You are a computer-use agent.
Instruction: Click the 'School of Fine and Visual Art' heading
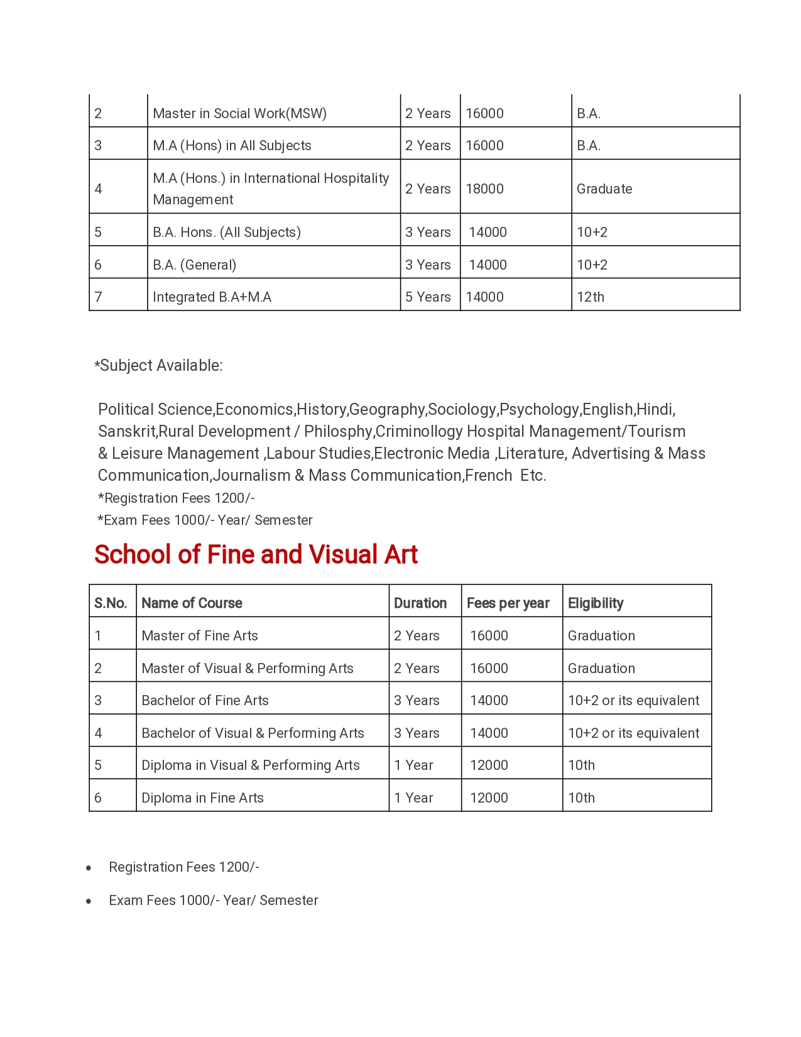click(256, 554)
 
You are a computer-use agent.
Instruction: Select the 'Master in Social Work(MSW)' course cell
click(239, 113)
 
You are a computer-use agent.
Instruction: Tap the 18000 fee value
click(484, 189)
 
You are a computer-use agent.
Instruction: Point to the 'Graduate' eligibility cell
click(604, 189)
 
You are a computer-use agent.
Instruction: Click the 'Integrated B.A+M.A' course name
click(212, 297)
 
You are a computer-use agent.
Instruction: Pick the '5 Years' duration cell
click(428, 297)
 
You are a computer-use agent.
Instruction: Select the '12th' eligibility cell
click(591, 297)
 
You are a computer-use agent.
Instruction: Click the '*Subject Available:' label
click(159, 365)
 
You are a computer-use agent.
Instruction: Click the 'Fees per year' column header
click(508, 603)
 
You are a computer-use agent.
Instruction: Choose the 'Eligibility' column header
click(596, 603)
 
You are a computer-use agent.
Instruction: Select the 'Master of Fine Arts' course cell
click(200, 635)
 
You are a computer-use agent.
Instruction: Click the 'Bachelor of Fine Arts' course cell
click(205, 700)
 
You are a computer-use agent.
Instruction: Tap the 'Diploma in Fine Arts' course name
click(202, 798)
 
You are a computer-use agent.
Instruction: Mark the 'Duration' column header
click(420, 603)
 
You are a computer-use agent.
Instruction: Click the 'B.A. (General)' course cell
click(194, 265)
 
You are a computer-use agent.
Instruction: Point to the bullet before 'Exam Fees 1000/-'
click(89, 901)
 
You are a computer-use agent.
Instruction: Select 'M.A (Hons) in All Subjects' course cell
click(232, 145)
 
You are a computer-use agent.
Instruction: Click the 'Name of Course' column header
click(192, 603)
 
